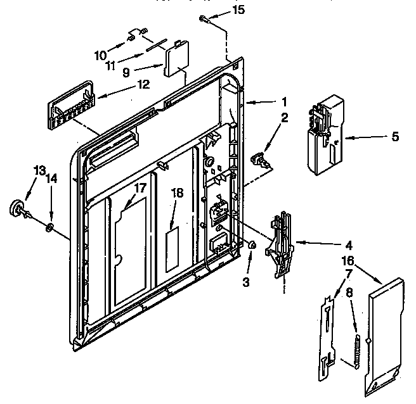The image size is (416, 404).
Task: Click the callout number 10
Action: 101,55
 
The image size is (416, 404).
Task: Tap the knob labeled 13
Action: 16,208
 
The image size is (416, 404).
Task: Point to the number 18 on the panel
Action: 177,193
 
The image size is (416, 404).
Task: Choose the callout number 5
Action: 396,136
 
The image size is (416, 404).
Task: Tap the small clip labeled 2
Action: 260,158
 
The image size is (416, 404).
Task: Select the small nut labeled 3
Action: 251,244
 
